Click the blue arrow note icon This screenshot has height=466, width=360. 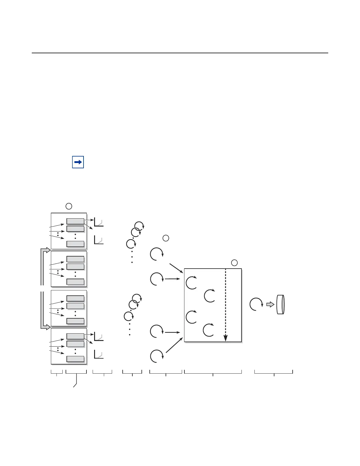tap(78, 162)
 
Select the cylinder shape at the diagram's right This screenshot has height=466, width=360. tap(281, 304)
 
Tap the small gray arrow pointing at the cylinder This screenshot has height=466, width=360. tap(270, 304)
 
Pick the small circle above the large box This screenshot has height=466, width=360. tap(234, 263)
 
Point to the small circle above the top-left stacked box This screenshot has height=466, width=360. tap(69, 206)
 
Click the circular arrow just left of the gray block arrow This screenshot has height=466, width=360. tap(256, 304)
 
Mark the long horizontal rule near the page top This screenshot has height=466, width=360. tap(180, 53)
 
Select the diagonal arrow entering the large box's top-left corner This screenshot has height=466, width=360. tap(176, 268)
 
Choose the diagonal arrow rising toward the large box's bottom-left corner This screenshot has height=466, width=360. tap(174, 345)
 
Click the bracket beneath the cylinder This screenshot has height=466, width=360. tap(274, 372)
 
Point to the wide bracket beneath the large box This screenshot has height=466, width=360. tap(213, 372)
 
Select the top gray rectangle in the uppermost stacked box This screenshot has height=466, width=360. tap(75, 221)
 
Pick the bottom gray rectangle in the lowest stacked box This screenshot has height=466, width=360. tap(75, 359)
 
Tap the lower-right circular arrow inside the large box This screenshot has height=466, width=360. tap(209, 330)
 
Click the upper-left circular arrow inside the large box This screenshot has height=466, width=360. tap(192, 283)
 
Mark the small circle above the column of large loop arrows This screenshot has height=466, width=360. tap(166, 238)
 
